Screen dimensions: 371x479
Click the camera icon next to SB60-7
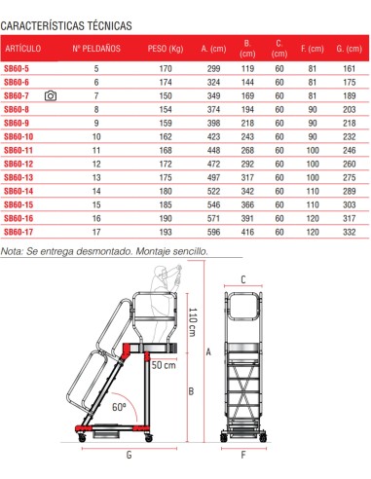tap(51, 97)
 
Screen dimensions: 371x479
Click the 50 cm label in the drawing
tap(164, 365)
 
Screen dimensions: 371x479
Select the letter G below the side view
tap(128, 455)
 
